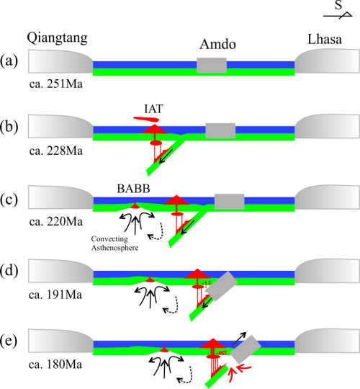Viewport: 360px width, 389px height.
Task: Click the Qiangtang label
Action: [57, 38]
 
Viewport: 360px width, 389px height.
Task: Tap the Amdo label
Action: [217, 44]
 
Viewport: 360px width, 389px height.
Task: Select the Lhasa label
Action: [325, 39]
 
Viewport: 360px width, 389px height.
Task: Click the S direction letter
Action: [338, 5]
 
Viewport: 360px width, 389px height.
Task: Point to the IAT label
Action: [153, 109]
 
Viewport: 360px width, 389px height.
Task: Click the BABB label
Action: [133, 189]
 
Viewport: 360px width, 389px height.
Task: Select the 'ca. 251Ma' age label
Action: [55, 84]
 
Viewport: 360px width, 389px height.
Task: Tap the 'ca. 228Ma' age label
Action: [55, 151]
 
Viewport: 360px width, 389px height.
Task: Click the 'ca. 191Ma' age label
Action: [55, 295]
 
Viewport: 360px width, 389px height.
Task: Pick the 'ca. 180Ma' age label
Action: [55, 365]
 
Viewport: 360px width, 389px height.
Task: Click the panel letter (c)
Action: [9, 200]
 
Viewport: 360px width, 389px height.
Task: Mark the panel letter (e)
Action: [9, 341]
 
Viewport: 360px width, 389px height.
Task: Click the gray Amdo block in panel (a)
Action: [212, 66]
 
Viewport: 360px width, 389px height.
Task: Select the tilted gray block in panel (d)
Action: [222, 286]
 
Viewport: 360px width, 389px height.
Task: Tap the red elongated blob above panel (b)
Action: [146, 119]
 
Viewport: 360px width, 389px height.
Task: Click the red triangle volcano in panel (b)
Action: [155, 129]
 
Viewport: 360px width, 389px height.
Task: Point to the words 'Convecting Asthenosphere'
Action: [114, 243]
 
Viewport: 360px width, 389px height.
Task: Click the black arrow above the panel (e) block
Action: [239, 339]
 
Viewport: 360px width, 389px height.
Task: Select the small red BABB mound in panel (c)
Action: [135, 205]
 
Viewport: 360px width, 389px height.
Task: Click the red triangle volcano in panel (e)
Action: [212, 344]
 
